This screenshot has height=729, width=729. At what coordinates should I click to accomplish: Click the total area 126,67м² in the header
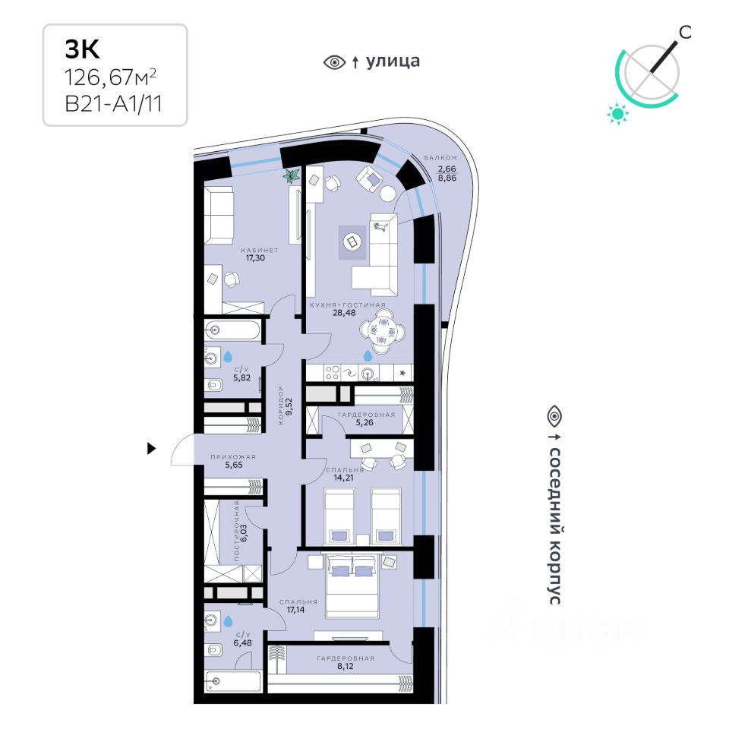(x=115, y=76)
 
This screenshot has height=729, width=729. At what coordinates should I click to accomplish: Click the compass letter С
(x=685, y=31)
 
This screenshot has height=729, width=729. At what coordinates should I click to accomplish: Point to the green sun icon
(x=618, y=114)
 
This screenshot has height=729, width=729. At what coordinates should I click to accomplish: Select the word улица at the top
(x=393, y=62)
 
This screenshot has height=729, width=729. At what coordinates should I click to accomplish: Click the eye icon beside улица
(x=334, y=62)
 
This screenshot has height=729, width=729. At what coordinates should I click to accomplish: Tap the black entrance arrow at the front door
(x=151, y=449)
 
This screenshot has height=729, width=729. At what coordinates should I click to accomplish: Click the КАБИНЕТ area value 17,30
(x=255, y=257)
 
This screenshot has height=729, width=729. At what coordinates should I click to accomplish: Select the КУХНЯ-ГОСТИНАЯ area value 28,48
(x=347, y=312)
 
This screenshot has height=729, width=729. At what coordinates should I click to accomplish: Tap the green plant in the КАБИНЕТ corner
(x=290, y=177)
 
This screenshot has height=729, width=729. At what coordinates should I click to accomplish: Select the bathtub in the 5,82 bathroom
(x=232, y=332)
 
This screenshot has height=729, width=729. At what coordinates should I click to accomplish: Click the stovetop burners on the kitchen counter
(x=333, y=372)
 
